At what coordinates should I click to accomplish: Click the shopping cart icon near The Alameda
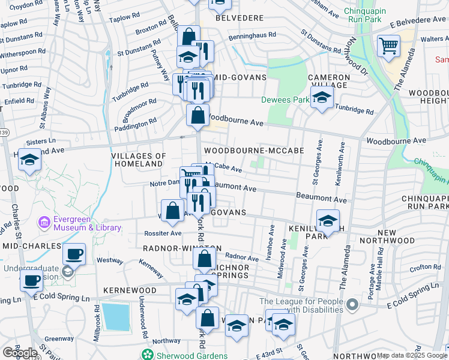(389, 46)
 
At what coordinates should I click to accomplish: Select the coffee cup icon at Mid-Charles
(74, 254)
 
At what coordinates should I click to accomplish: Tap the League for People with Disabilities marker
(352, 305)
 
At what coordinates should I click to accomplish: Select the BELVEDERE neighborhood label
(239, 18)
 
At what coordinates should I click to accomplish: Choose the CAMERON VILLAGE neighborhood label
(329, 82)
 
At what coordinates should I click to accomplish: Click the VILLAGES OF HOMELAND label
(139, 160)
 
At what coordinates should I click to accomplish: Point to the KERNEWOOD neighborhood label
(130, 290)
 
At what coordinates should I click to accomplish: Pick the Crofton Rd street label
(426, 268)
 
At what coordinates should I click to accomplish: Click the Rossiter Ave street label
(163, 233)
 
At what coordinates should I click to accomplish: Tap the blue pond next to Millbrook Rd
(115, 317)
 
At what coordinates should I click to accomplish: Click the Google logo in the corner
(20, 353)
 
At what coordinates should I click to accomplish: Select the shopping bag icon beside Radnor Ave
(204, 259)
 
